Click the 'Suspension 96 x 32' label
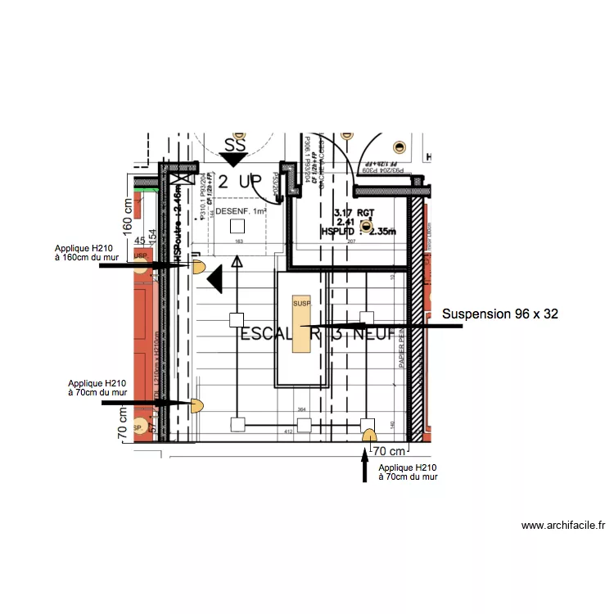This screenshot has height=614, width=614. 500,314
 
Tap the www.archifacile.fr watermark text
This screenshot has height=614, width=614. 563,526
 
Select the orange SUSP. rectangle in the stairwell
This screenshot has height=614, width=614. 302,324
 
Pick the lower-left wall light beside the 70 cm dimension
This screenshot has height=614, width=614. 197,404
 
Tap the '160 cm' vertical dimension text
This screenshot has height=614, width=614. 127,217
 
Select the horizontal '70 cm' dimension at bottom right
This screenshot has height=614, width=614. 390,451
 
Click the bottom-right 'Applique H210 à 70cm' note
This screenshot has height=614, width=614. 408,471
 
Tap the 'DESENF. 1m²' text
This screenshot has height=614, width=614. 241,212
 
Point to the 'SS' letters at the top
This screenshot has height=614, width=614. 235,145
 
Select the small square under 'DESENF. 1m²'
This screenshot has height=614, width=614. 237,226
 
